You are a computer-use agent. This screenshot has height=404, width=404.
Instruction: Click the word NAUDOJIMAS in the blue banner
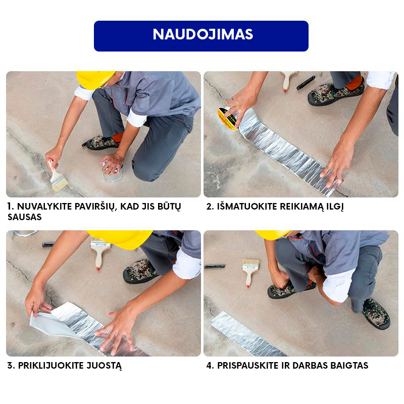tap(203, 34)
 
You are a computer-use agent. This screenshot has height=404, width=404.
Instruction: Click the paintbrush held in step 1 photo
tap(57, 175)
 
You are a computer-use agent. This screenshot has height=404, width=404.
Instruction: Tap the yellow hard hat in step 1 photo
tap(95, 79)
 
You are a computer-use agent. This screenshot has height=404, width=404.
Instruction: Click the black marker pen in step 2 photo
tap(306, 82)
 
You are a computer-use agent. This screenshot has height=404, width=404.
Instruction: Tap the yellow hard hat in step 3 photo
tap(121, 239)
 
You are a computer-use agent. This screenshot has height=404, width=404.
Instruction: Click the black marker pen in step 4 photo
tap(214, 266)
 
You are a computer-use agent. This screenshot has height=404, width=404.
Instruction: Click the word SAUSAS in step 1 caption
tap(24, 217)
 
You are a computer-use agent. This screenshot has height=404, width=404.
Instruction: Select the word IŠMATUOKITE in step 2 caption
tap(247, 207)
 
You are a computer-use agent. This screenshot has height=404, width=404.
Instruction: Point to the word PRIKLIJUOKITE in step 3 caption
tap(50, 366)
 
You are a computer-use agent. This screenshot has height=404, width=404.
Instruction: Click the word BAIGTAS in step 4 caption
tap(349, 366)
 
